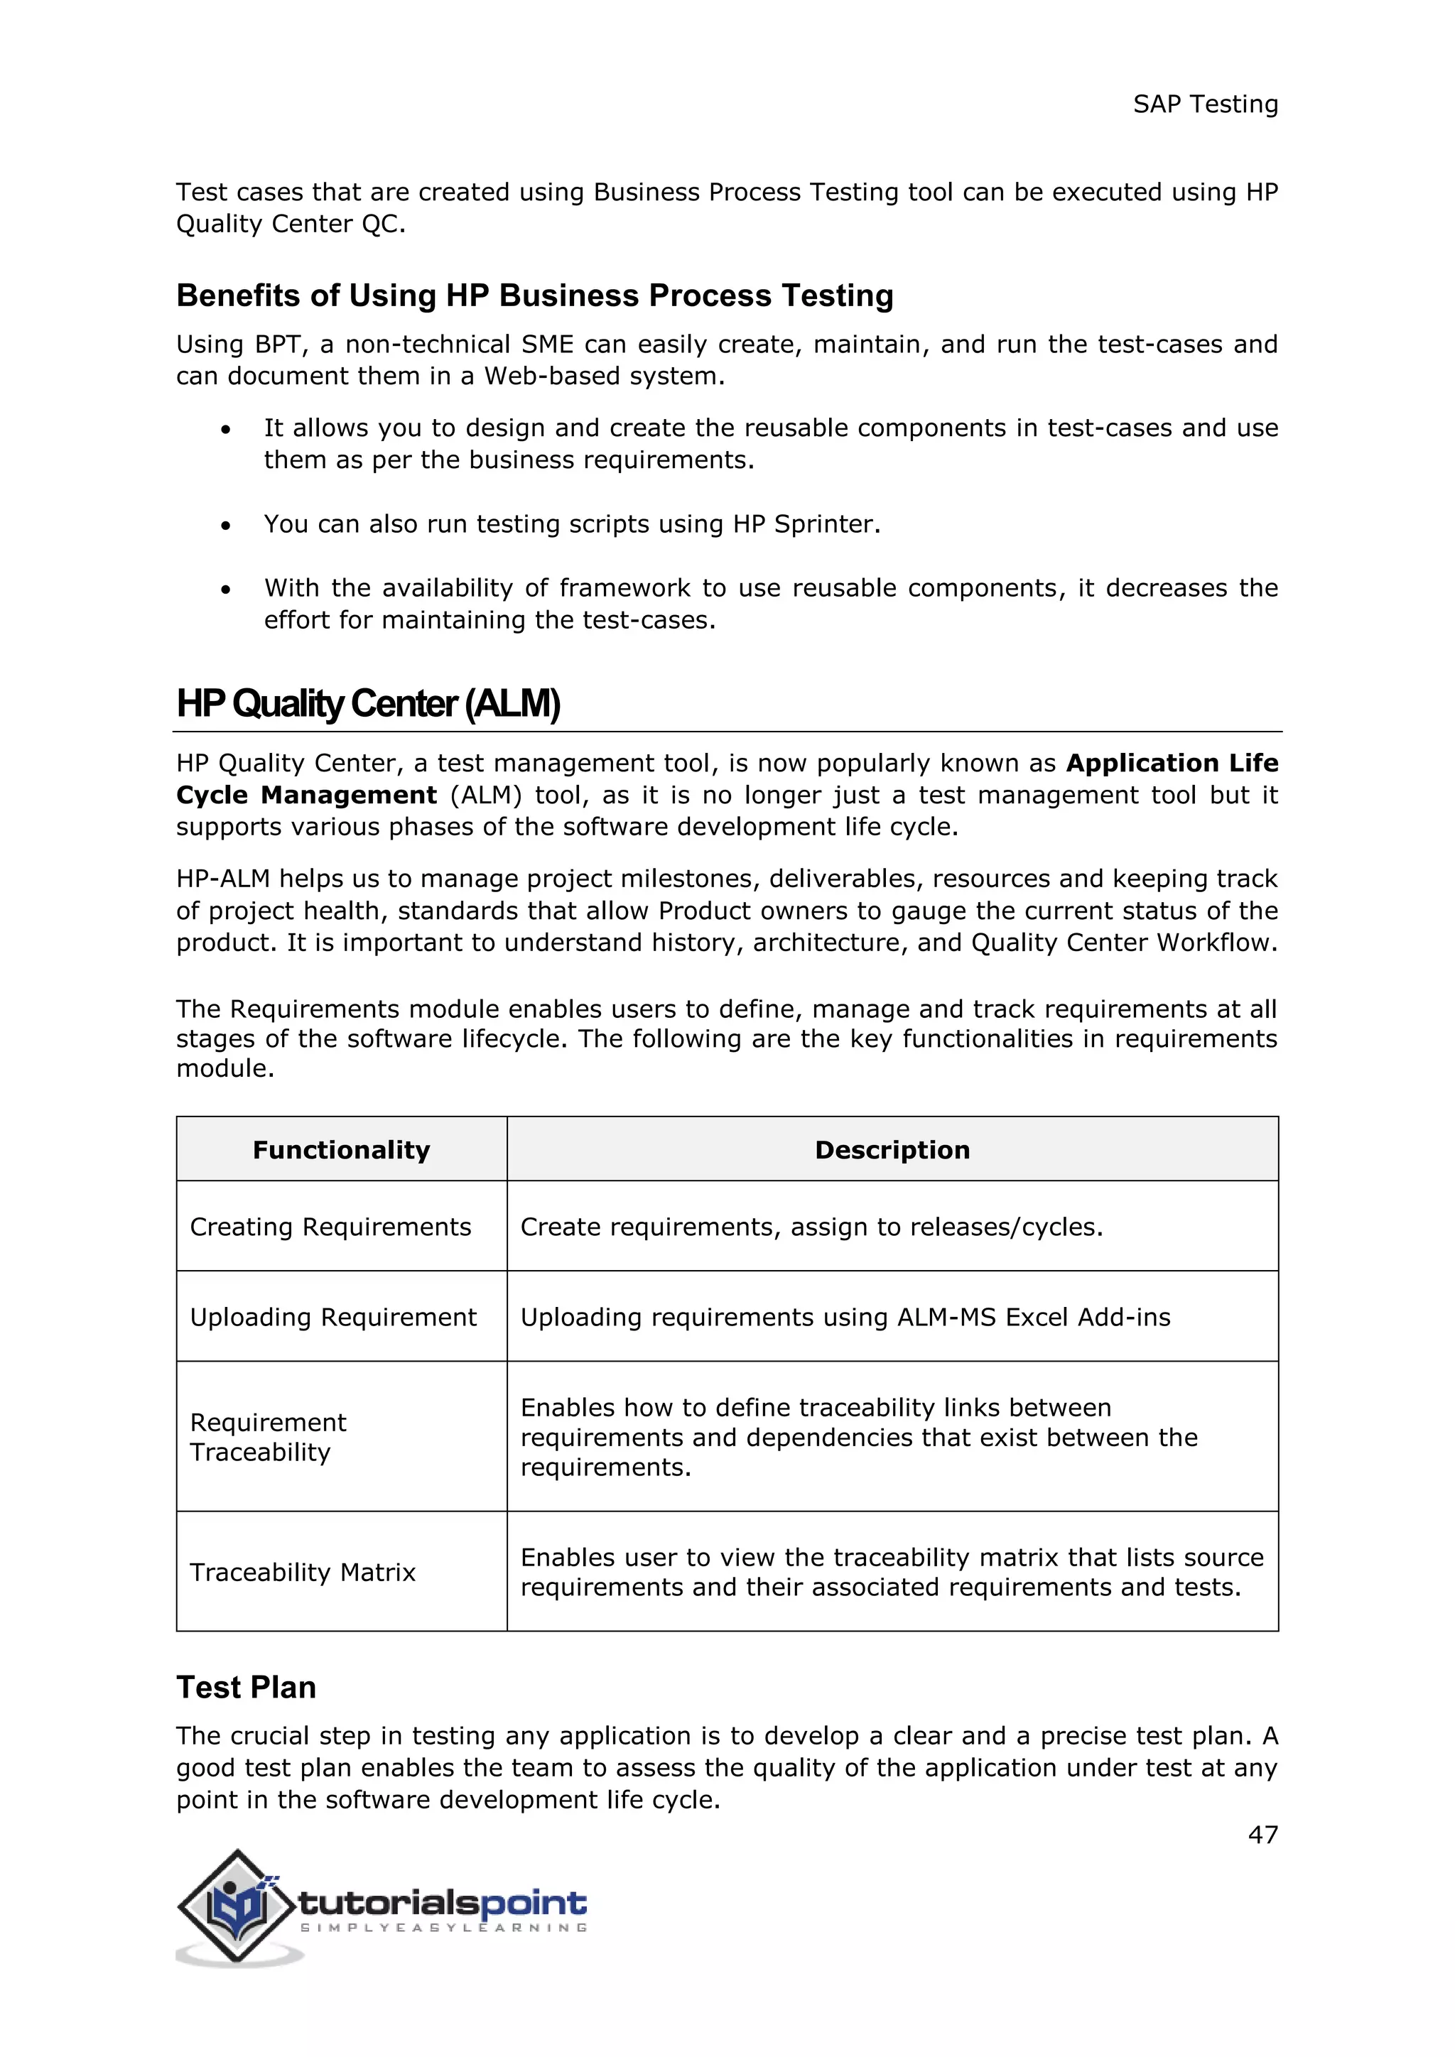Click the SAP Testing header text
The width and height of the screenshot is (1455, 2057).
point(1205,105)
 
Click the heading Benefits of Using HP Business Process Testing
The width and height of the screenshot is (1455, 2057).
point(535,295)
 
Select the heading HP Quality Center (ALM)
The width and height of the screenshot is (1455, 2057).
point(368,703)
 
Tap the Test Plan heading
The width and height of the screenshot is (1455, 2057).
point(246,1687)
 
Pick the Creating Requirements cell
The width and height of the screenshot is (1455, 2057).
point(330,1227)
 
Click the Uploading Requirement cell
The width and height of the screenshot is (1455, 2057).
point(333,1317)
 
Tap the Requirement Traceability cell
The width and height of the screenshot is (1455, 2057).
point(269,1437)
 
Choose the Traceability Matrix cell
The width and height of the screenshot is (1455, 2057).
point(303,1573)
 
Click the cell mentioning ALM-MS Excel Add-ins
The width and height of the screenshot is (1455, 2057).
point(845,1317)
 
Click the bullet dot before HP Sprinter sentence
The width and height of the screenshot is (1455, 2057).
point(226,525)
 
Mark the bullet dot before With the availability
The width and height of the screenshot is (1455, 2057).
point(226,590)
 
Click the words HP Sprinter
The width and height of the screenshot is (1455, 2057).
point(804,524)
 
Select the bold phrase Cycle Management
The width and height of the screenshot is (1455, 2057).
point(306,795)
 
